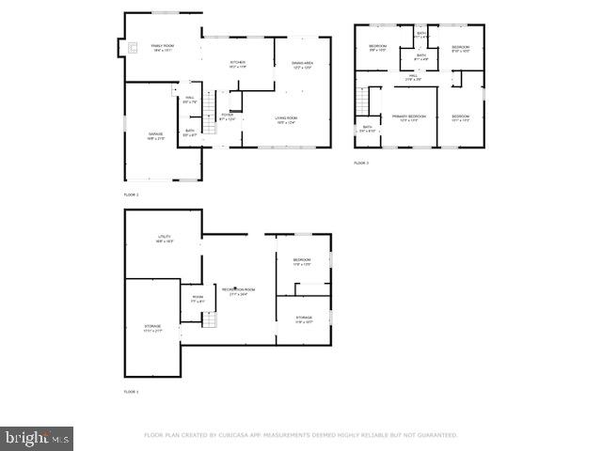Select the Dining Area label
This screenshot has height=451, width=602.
point(302,64)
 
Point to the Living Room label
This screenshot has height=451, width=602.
point(286,119)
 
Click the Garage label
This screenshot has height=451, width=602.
point(155,135)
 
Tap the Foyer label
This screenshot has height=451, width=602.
point(227,117)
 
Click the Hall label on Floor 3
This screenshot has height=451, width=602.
point(413,77)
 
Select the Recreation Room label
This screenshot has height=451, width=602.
point(234,290)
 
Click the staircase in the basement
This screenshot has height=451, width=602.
point(209,320)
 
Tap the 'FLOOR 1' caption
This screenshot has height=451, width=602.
point(132,391)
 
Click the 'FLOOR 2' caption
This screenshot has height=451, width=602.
point(132,194)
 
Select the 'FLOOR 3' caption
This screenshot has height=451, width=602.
point(361,163)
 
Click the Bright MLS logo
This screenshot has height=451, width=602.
point(37,438)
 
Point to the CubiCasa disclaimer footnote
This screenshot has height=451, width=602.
point(300,435)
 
